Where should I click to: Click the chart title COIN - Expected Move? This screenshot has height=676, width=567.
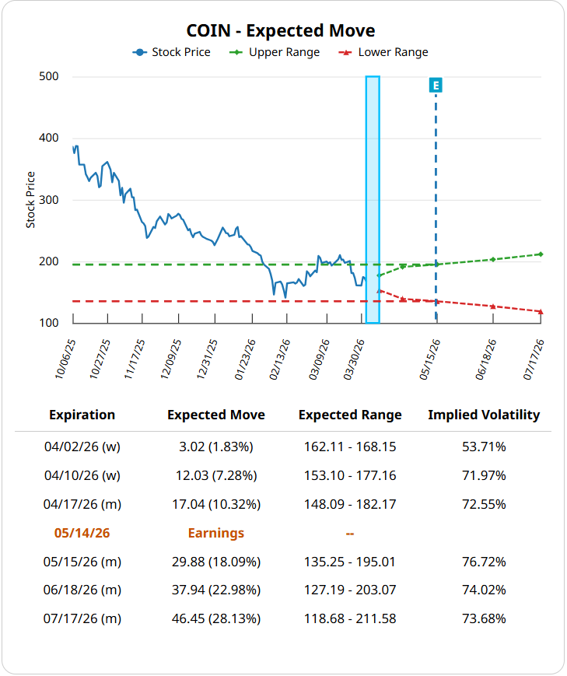coord(281,30)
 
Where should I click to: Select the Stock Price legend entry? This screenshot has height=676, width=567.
coord(172,52)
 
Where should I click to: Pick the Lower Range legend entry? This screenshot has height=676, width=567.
coord(384,52)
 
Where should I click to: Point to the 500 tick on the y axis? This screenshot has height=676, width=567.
coord(49,77)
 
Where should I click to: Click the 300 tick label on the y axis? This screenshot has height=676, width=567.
coord(49,200)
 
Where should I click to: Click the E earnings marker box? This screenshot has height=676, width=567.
coord(436,85)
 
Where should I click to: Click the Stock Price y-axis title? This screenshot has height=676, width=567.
coord(31,200)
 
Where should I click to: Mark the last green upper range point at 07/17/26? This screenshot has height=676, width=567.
coord(541,254)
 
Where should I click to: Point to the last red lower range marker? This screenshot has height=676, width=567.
coord(541,312)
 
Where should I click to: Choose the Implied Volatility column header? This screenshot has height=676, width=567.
coord(484,415)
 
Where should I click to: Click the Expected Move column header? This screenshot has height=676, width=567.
coord(216,415)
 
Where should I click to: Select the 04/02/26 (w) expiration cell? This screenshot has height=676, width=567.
coord(82,447)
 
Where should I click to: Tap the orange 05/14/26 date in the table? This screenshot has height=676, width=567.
coord(82,533)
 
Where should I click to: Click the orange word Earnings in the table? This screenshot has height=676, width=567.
coord(216,533)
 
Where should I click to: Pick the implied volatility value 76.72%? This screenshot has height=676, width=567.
coord(484,562)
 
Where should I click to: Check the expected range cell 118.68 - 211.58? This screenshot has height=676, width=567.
coord(350,619)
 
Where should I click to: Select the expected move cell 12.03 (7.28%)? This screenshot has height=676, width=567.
coord(216,475)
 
